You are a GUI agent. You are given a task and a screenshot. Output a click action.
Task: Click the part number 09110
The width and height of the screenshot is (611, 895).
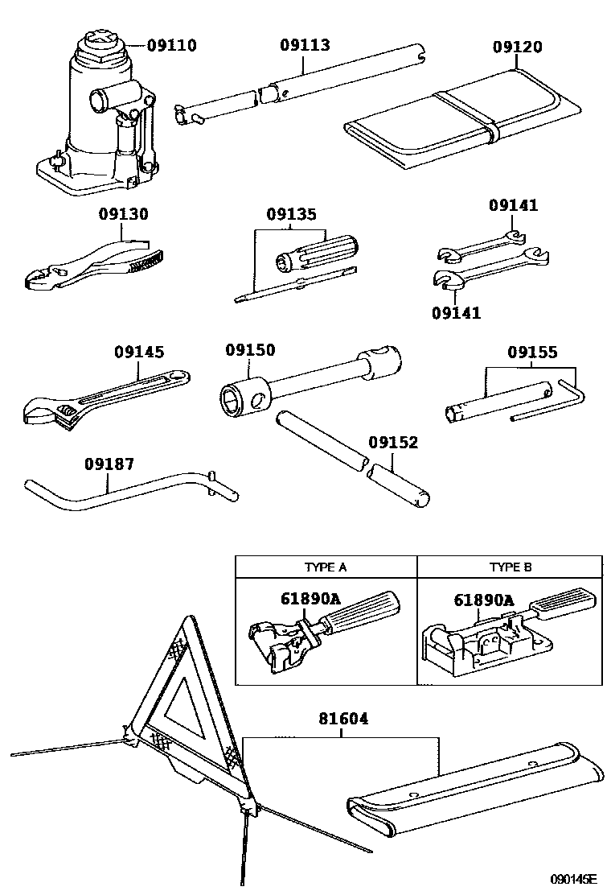pyautogui.click(x=170, y=45)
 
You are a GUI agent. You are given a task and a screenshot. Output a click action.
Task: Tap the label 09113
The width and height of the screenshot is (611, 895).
pyautogui.click(x=305, y=45)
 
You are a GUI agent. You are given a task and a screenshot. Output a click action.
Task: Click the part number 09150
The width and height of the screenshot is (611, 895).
pyautogui.click(x=249, y=350)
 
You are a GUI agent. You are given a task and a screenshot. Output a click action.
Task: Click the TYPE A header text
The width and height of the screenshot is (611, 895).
pyautogui.click(x=325, y=567)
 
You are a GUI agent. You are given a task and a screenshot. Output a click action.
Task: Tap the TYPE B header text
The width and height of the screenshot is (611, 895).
pyautogui.click(x=511, y=567)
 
